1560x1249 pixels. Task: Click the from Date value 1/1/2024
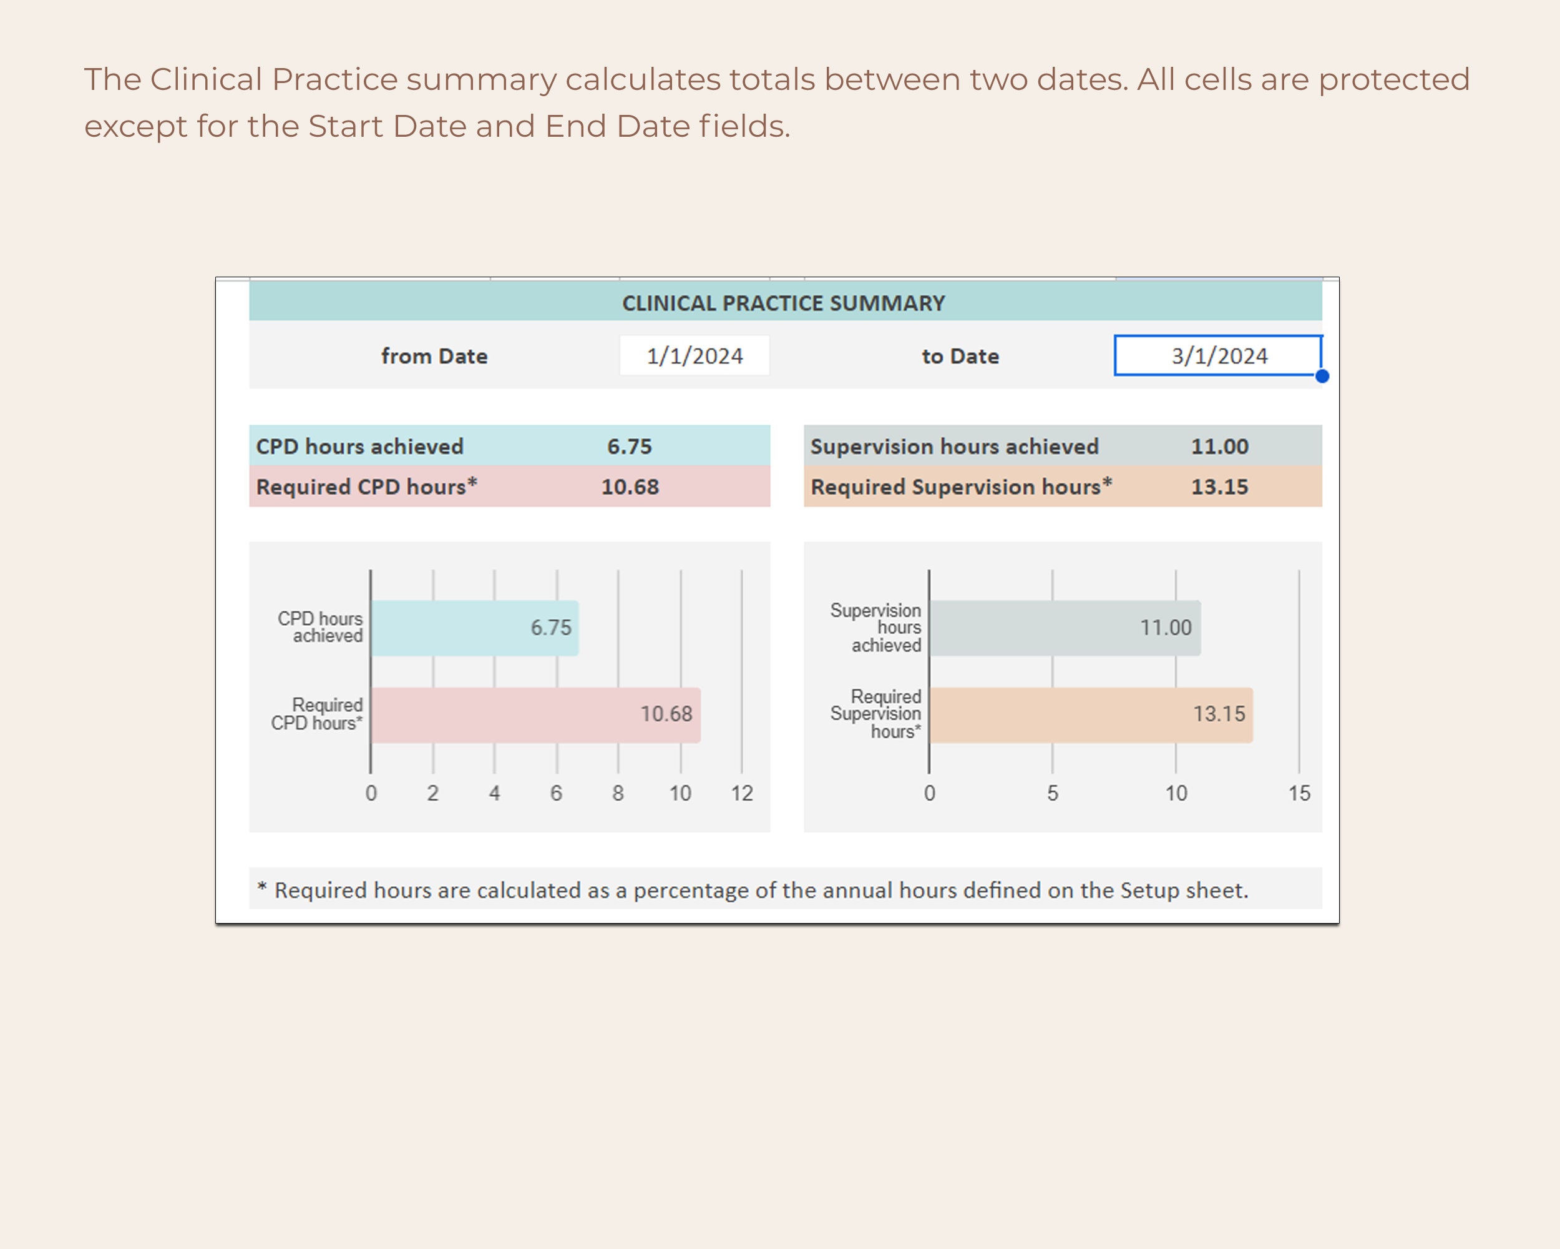coord(695,356)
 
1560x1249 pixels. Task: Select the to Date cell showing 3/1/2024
coord(1219,356)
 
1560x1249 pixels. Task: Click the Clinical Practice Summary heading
coord(784,304)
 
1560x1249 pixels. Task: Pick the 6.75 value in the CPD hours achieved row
coord(630,447)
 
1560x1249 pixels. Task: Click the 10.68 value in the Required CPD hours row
coord(630,486)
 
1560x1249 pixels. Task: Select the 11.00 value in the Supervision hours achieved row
coord(1220,447)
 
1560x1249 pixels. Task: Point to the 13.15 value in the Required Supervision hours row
coord(1220,486)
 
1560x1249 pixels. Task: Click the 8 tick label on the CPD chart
coord(618,794)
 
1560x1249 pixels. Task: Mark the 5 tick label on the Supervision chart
coord(1053,794)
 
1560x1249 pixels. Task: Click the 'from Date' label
coord(434,356)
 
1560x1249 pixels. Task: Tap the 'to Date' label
coord(960,356)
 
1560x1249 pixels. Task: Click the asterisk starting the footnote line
coord(262,887)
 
